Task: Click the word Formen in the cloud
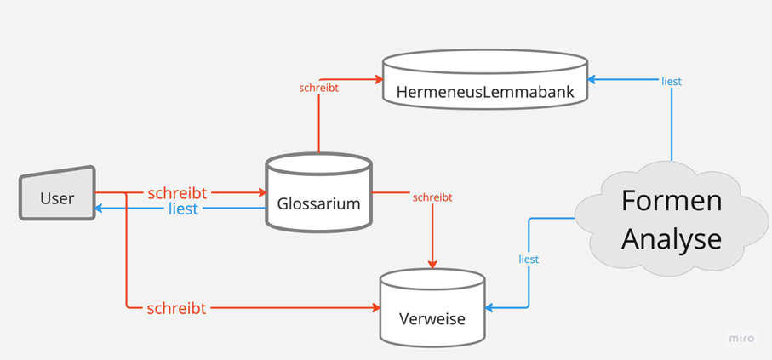pyautogui.click(x=671, y=201)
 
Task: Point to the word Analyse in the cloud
pyautogui.click(x=671, y=238)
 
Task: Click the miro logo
pyautogui.click(x=741, y=338)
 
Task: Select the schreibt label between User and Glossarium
pyautogui.click(x=177, y=192)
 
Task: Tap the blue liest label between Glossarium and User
pyautogui.click(x=183, y=208)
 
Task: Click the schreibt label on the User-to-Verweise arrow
pyautogui.click(x=176, y=308)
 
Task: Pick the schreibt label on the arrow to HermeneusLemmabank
pyautogui.click(x=319, y=87)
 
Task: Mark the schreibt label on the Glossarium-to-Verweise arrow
pyautogui.click(x=432, y=197)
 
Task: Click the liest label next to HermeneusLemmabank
pyautogui.click(x=671, y=82)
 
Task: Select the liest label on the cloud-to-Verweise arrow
pyautogui.click(x=529, y=259)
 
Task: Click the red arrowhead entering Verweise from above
pyautogui.click(x=432, y=264)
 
